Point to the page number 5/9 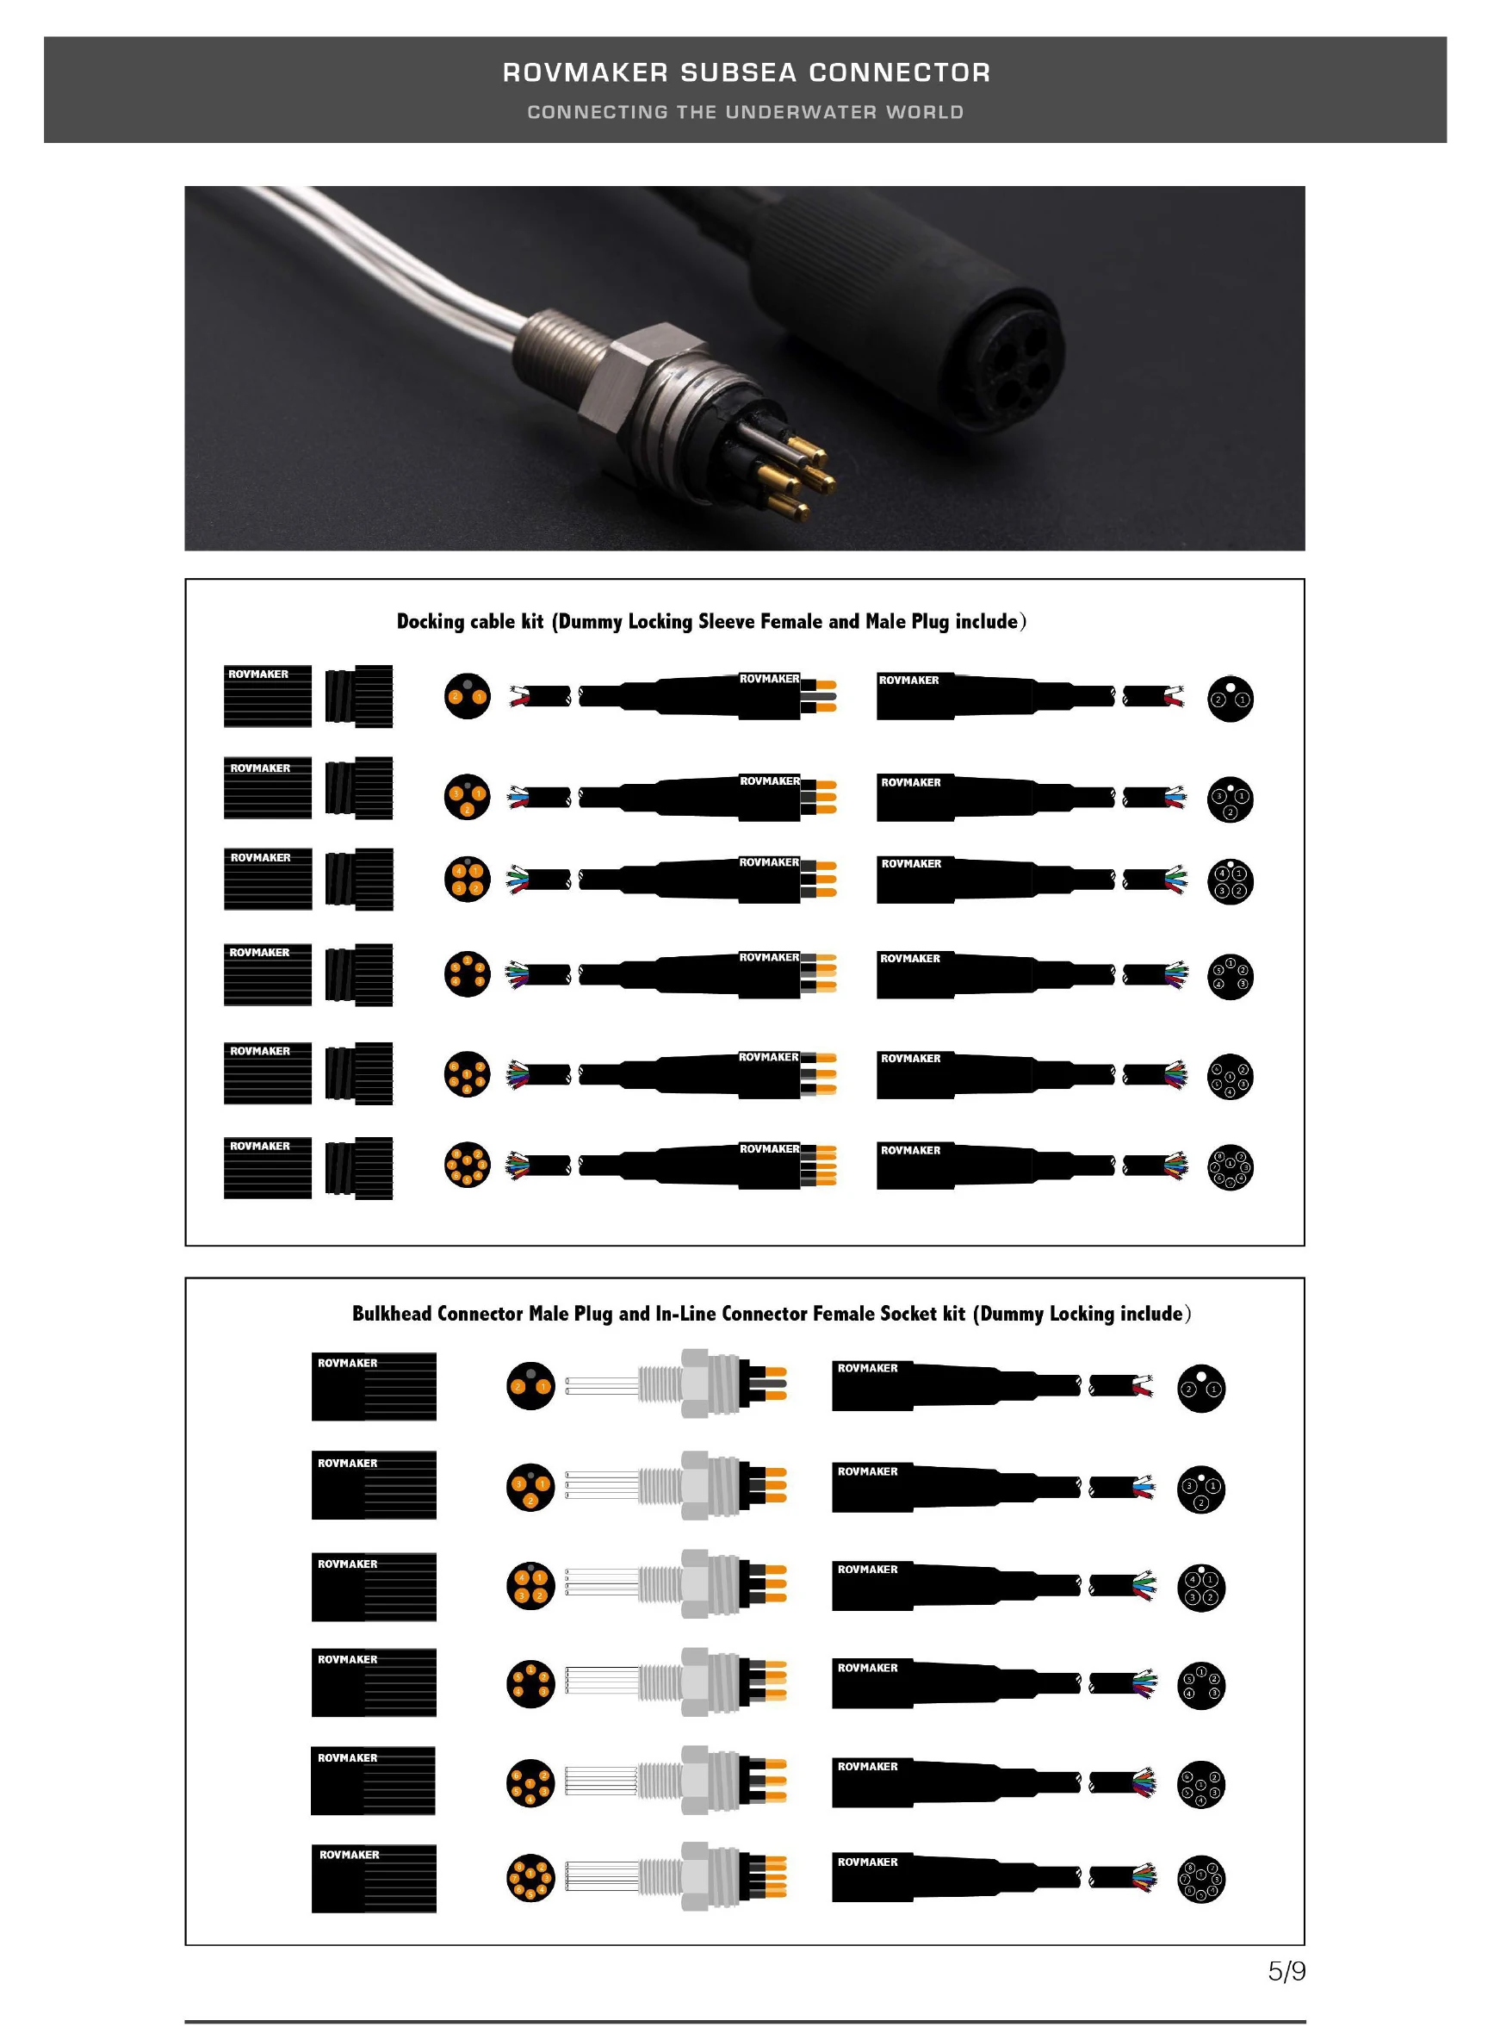(1286, 1971)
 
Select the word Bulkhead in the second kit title (392, 1313)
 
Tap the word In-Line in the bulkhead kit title (685, 1313)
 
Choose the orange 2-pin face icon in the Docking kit (468, 695)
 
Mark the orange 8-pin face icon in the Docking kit (468, 1164)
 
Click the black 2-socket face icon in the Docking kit (1230, 698)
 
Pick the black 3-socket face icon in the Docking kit (1230, 799)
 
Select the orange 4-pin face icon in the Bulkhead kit (530, 1586)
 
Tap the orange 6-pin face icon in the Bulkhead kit (530, 1782)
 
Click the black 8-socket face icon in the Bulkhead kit (1200, 1878)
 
